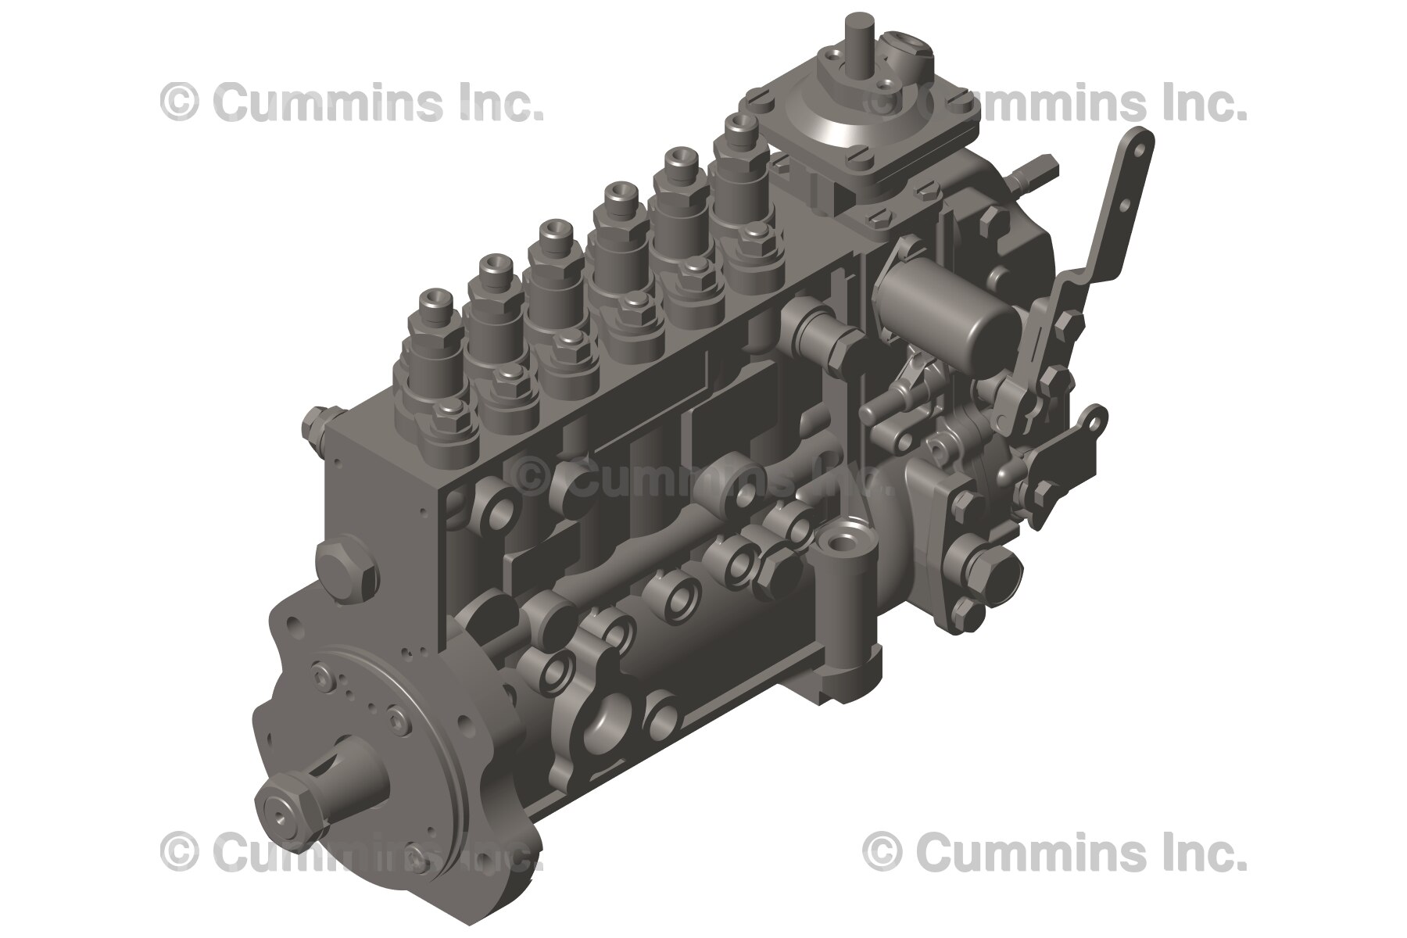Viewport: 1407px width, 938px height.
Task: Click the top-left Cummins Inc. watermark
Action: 352,102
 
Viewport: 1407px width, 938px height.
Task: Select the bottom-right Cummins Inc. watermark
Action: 1054,851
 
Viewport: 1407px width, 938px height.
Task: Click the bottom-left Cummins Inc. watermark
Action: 352,851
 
